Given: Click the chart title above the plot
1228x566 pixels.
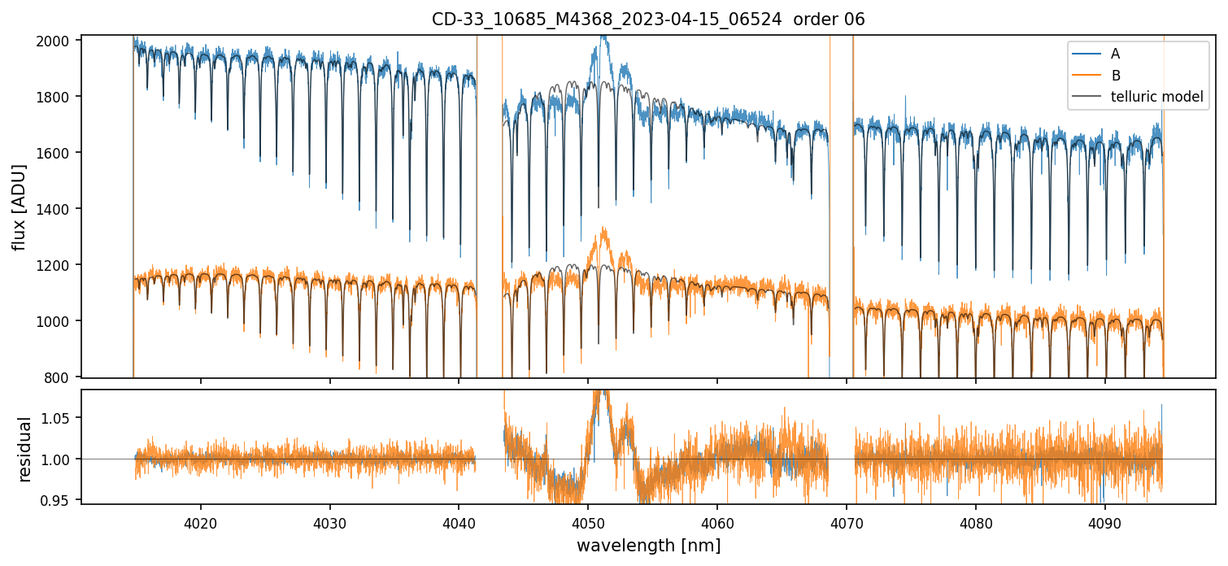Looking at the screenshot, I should pyautogui.click(x=648, y=19).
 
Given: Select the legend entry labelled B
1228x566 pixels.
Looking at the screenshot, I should pyautogui.click(x=1115, y=76).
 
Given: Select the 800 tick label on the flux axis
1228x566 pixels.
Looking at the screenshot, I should pyautogui.click(x=63, y=377).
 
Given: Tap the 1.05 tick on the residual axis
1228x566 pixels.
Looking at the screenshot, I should pyautogui.click(x=60, y=418).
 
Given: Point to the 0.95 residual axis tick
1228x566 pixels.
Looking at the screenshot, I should pyautogui.click(x=60, y=500).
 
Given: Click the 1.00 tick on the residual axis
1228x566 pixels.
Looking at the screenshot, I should pyautogui.click(x=60, y=459).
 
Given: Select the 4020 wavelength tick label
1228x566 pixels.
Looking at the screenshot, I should pyautogui.click(x=201, y=520).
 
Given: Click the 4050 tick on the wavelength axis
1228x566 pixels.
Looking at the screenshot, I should pyautogui.click(x=588, y=520).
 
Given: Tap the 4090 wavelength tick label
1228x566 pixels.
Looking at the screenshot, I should pyautogui.click(x=1105, y=520).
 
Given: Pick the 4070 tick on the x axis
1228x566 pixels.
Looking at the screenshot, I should pyautogui.click(x=847, y=520).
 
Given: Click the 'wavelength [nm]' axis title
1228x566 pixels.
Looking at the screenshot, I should pyautogui.click(x=648, y=545).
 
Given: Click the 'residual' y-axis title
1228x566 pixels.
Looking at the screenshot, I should pyautogui.click(x=24, y=448).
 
